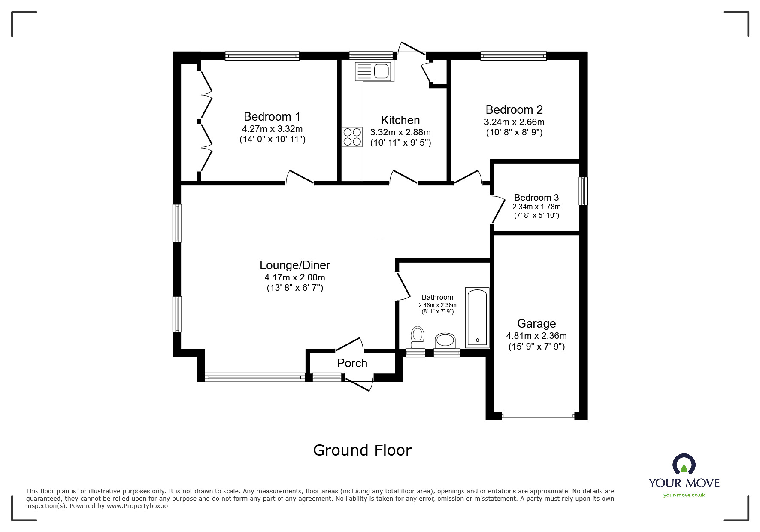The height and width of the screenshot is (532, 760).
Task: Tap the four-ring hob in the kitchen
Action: pyautogui.click(x=352, y=137)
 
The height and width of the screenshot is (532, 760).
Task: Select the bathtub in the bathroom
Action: pyautogui.click(x=477, y=317)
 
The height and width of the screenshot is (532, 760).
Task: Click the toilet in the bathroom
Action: pyautogui.click(x=418, y=337)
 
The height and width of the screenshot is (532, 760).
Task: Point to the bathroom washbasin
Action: pyautogui.click(x=445, y=341)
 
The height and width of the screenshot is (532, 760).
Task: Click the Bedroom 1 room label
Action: pyautogui.click(x=272, y=116)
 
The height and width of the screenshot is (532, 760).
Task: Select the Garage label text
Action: pyautogui.click(x=536, y=323)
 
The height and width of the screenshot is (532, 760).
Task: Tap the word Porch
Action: pyautogui.click(x=352, y=363)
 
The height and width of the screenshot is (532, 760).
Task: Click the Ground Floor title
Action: pyautogui.click(x=362, y=450)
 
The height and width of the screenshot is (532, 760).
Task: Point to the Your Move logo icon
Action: pyautogui.click(x=684, y=465)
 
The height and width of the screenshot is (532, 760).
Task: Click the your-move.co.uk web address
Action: pyautogui.click(x=684, y=495)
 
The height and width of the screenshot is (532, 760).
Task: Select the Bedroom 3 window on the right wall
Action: pyautogui.click(x=583, y=191)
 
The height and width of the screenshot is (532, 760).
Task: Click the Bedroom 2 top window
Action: pyautogui.click(x=513, y=55)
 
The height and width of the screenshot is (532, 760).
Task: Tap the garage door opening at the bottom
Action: pyautogui.click(x=538, y=416)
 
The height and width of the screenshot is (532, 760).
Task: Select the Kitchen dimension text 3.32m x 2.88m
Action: pyautogui.click(x=400, y=132)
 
